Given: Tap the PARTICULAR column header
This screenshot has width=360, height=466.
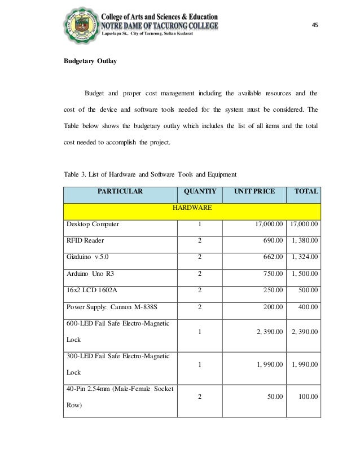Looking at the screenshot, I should coord(120,192).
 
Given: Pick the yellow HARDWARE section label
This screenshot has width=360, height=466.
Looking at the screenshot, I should coord(192,208).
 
